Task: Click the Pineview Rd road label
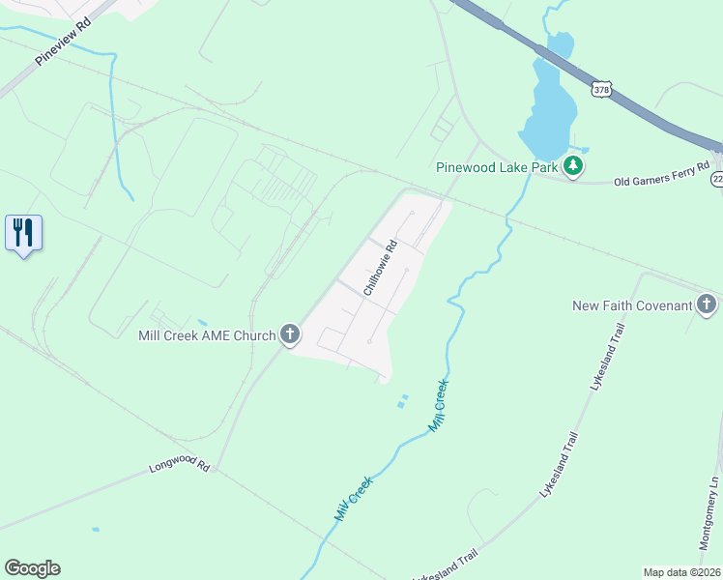pyautogui.click(x=63, y=45)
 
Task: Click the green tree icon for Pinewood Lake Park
pyautogui.click(x=573, y=166)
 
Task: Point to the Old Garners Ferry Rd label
pyautogui.click(x=661, y=175)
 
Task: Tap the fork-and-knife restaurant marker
pyautogui.click(x=23, y=233)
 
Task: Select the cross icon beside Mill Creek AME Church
pyautogui.click(x=289, y=335)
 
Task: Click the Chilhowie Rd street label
pyautogui.click(x=381, y=268)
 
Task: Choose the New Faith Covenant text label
pyautogui.click(x=632, y=305)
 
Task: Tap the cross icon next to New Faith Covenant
pyautogui.click(x=707, y=305)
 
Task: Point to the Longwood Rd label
pyautogui.click(x=179, y=466)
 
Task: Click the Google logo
pyautogui.click(x=32, y=568)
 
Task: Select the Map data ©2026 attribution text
pyautogui.click(x=681, y=571)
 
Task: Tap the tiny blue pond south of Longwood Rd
pyautogui.click(x=95, y=529)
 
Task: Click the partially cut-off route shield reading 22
pyautogui.click(x=717, y=180)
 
